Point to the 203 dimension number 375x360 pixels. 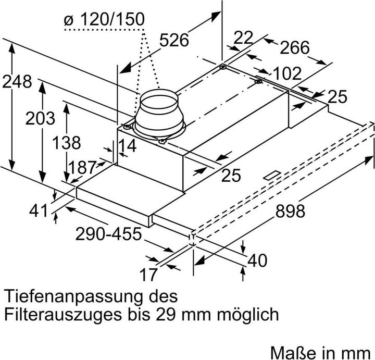[x=40, y=118]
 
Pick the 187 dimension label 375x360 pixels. [x=82, y=168]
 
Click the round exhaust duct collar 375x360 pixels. [x=159, y=111]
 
